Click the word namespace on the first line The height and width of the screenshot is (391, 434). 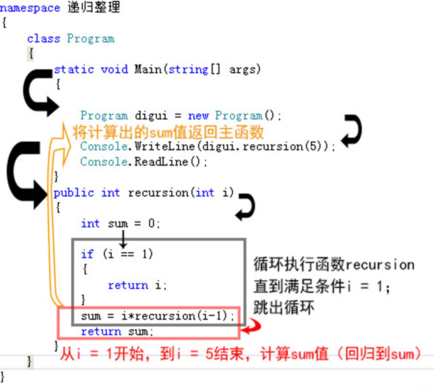(x=30, y=8)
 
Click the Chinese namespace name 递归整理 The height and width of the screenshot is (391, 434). (x=94, y=7)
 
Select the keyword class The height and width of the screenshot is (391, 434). (x=44, y=38)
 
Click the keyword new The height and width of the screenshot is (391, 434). (x=198, y=116)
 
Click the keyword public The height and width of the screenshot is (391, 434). (x=74, y=193)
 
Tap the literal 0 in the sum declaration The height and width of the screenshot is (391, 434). (x=152, y=223)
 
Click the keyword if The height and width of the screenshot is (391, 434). (x=87, y=254)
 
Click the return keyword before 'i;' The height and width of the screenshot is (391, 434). (x=128, y=285)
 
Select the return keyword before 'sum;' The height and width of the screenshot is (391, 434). (x=101, y=332)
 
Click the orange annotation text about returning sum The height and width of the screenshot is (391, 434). (x=168, y=132)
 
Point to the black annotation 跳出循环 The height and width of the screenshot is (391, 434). (x=284, y=308)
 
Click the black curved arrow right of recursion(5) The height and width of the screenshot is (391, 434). (x=351, y=131)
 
